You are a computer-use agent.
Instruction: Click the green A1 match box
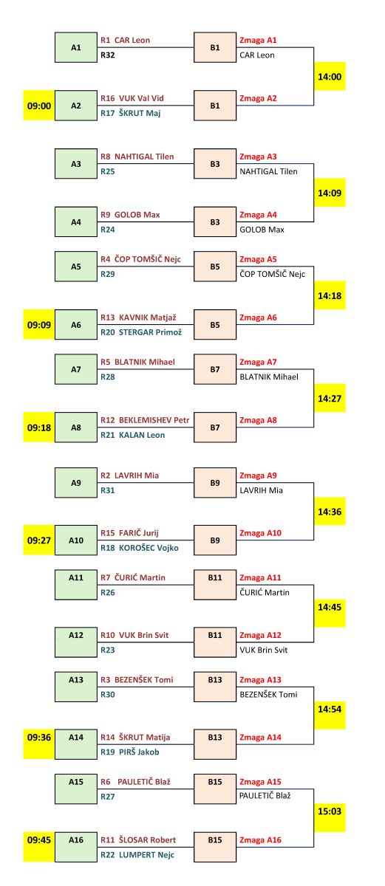(x=76, y=47)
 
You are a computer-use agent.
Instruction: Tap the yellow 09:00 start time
(x=38, y=106)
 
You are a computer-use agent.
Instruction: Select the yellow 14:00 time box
(x=330, y=76)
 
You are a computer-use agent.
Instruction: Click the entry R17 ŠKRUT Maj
(x=131, y=113)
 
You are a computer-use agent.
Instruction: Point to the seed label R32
(x=108, y=55)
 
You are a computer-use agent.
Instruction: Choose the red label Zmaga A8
(x=258, y=420)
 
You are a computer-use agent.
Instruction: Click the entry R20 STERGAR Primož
(x=141, y=332)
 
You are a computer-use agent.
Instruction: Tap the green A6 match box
(x=76, y=325)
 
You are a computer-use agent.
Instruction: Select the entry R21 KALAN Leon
(x=132, y=435)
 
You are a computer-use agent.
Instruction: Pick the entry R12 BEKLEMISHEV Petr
(x=145, y=420)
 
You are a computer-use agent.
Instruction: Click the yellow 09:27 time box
(x=38, y=540)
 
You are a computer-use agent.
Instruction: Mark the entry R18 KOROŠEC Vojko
(x=139, y=548)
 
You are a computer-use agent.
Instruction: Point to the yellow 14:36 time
(x=330, y=512)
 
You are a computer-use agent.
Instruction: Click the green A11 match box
(x=76, y=585)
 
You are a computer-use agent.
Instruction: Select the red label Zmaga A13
(x=260, y=679)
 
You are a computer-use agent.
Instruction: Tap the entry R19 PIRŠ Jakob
(x=130, y=752)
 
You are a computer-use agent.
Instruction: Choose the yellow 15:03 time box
(x=330, y=811)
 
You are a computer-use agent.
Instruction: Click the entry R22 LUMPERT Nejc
(x=137, y=855)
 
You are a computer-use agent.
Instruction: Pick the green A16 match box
(x=76, y=847)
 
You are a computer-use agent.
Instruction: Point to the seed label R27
(x=108, y=797)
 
